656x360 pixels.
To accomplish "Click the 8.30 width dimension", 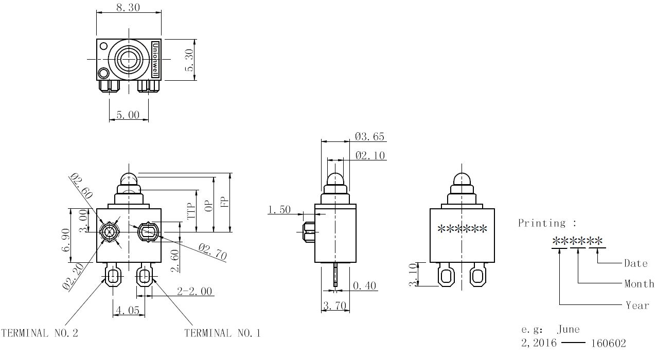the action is [x=128, y=7].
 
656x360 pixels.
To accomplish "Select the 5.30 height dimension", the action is [x=189, y=60].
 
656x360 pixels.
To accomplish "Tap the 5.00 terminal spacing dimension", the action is [x=128, y=115].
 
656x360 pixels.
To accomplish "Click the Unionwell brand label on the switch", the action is [x=155, y=60].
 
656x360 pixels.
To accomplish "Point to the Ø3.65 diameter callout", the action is [x=369, y=136].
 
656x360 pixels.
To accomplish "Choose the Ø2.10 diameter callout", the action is [x=370, y=155].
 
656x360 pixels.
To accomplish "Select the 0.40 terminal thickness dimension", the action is [x=364, y=285].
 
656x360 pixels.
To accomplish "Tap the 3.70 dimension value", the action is [x=334, y=306].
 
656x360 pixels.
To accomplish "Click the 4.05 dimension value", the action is [x=128, y=310].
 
